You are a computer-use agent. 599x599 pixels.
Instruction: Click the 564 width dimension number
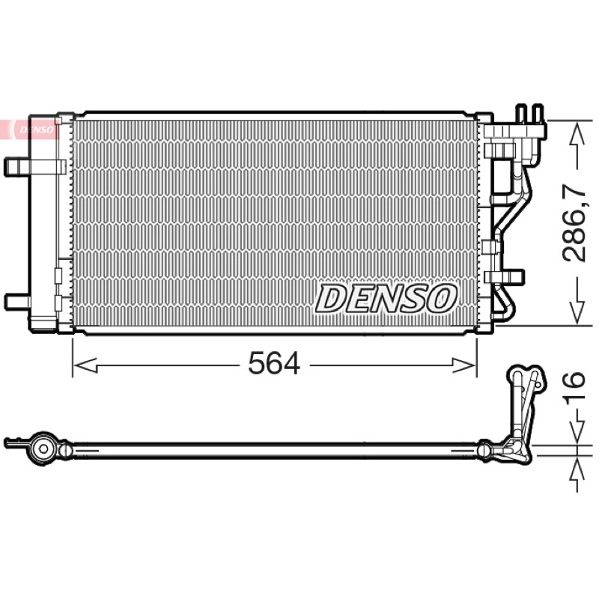click(274, 363)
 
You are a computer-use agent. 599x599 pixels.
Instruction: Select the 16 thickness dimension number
click(574, 385)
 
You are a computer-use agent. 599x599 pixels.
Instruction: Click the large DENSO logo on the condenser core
click(386, 299)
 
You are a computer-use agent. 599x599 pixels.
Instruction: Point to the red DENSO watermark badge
click(30, 129)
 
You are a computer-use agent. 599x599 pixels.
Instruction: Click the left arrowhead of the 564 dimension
click(85, 365)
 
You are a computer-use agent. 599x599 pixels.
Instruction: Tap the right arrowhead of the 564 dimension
click(463, 365)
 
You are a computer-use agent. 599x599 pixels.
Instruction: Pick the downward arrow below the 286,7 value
click(576, 302)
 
